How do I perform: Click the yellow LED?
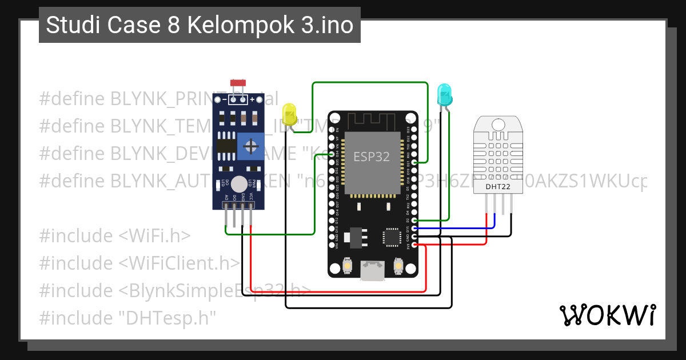click(290, 113)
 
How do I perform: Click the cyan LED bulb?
click(444, 93)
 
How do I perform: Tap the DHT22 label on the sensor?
click(498, 187)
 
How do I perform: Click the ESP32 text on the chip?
click(372, 157)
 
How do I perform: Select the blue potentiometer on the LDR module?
click(250, 146)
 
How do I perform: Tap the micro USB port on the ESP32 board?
click(373, 271)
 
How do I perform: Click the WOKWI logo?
click(607, 315)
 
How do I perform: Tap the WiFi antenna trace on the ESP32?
click(372, 120)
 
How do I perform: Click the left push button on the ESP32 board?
click(346, 266)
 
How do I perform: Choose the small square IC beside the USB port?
click(392, 237)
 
